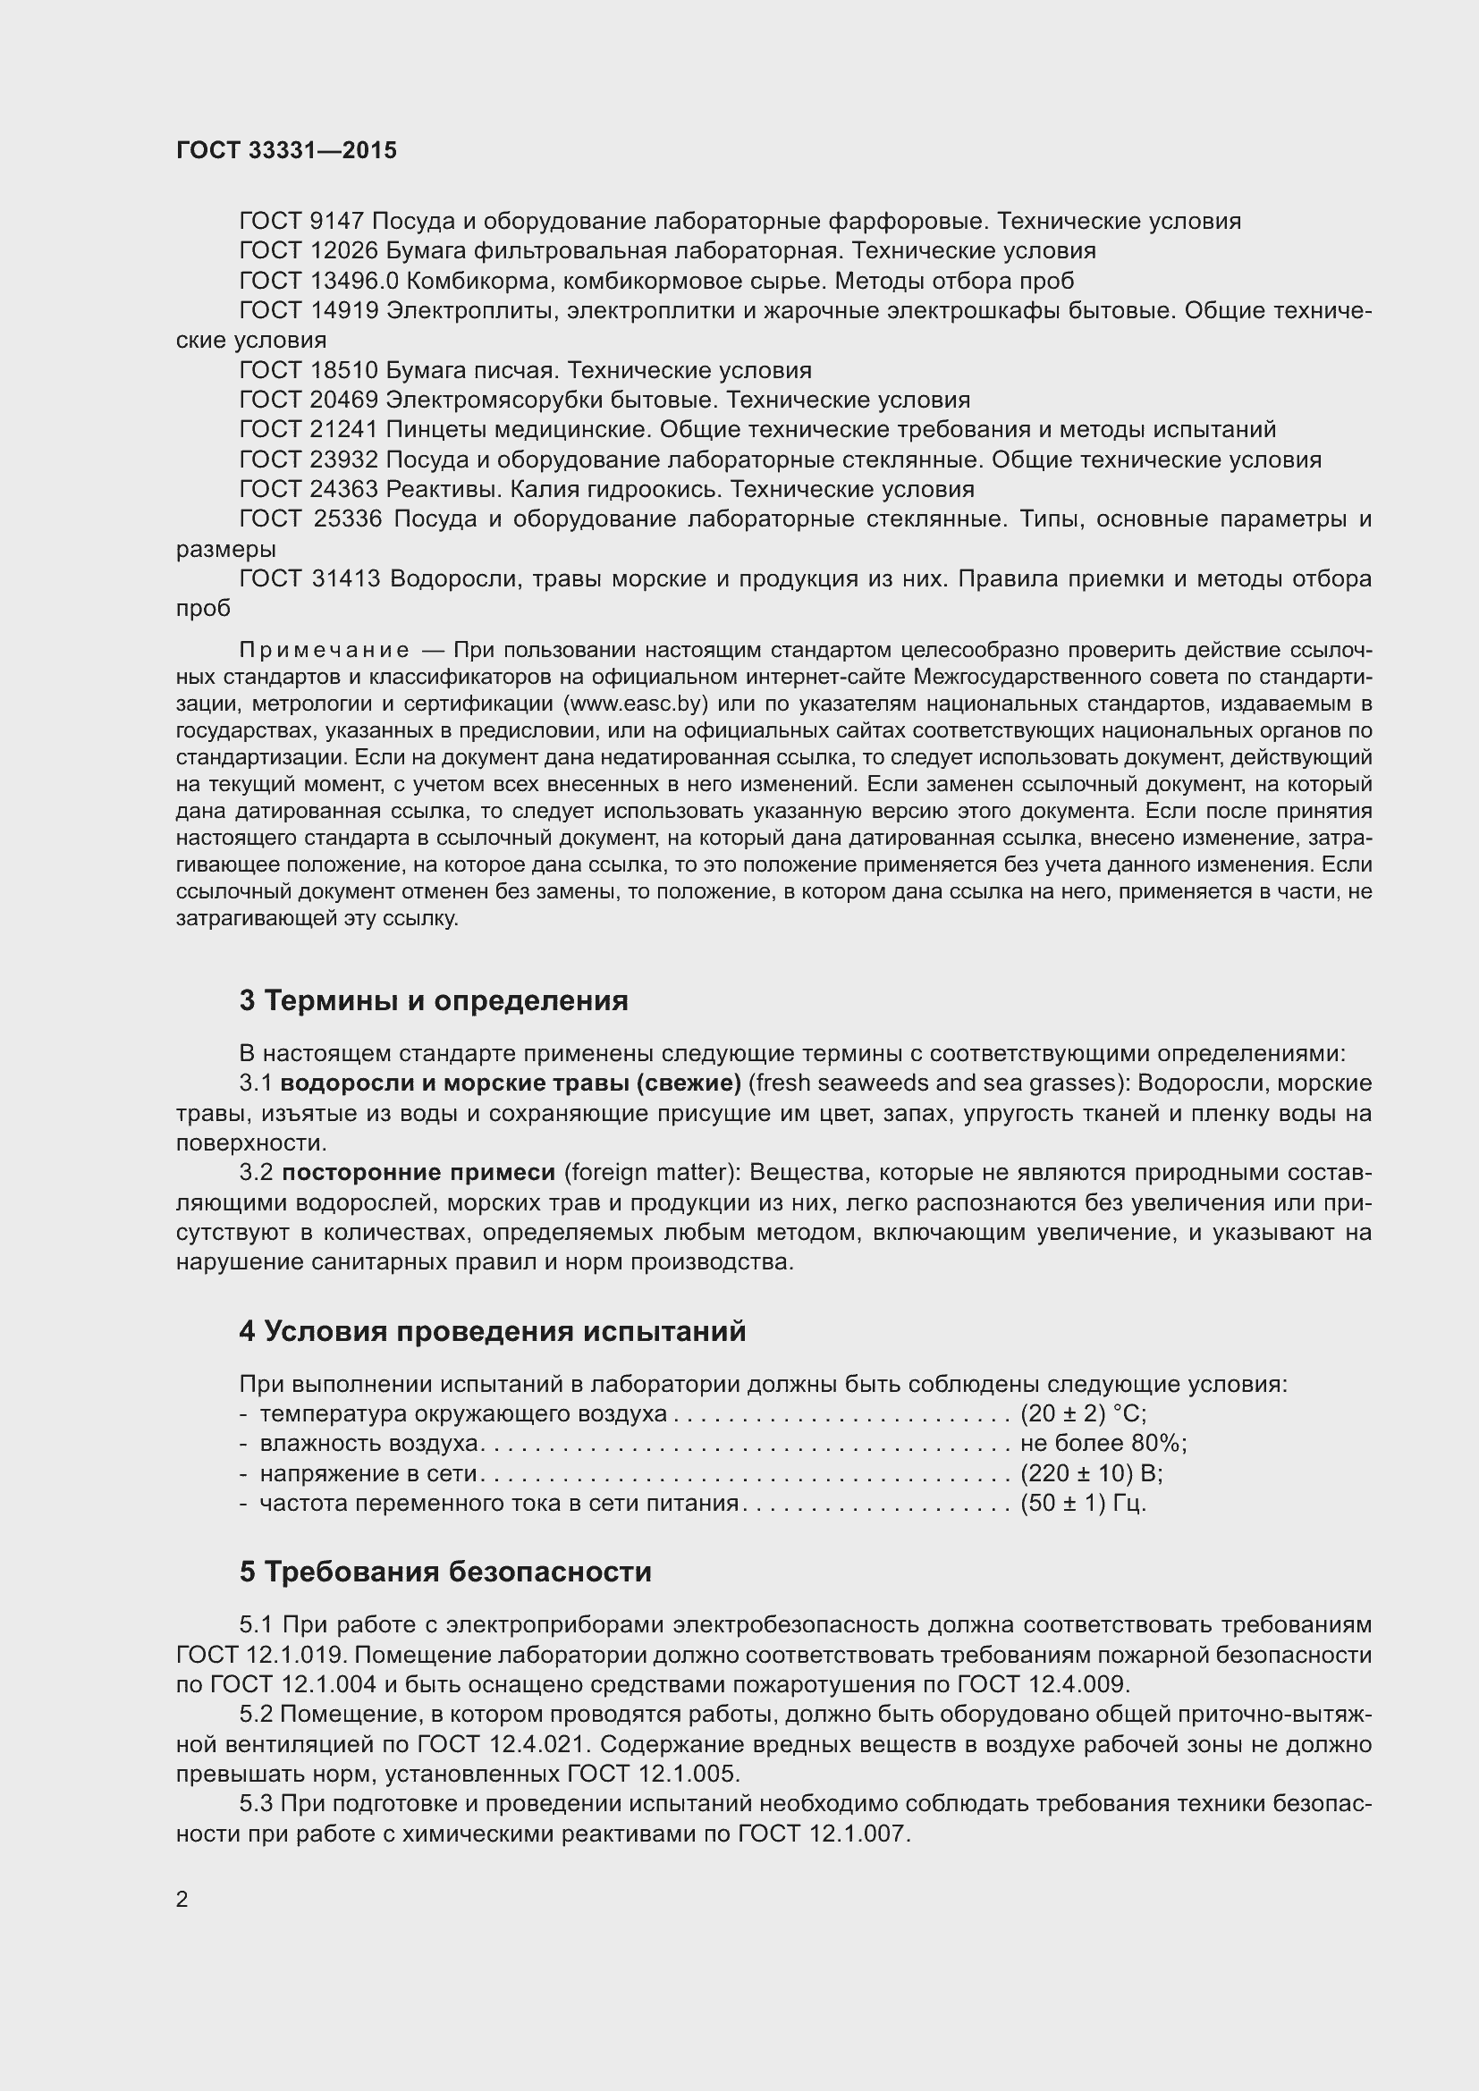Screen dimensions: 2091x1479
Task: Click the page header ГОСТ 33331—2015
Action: coord(286,150)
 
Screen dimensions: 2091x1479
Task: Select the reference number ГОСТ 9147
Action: coord(301,222)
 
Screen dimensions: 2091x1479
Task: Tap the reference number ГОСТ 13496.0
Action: coord(318,281)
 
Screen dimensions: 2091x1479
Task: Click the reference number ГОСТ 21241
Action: coord(308,430)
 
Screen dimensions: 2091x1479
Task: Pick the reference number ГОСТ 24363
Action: coord(308,490)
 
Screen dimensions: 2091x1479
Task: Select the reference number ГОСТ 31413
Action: coord(309,579)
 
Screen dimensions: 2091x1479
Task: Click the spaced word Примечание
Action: coord(324,650)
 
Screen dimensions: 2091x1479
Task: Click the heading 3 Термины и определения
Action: coord(434,1001)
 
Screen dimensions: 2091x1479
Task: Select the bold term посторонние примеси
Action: coord(418,1173)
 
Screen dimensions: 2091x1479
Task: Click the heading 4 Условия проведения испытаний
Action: coord(492,1331)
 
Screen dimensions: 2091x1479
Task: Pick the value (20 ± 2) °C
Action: coord(1083,1414)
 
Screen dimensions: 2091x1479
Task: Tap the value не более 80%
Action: coord(1103,1444)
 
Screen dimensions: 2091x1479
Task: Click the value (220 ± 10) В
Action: coord(1091,1473)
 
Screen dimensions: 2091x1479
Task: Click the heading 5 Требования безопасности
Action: coord(445,1572)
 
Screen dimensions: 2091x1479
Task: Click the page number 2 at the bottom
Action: coord(182,1900)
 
